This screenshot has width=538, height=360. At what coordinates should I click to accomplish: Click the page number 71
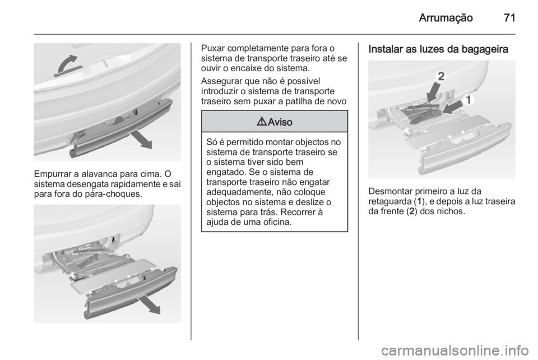point(509,17)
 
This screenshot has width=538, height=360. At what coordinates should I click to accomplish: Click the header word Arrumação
point(446,17)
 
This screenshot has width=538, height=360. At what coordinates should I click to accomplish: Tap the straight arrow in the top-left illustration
point(141,140)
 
